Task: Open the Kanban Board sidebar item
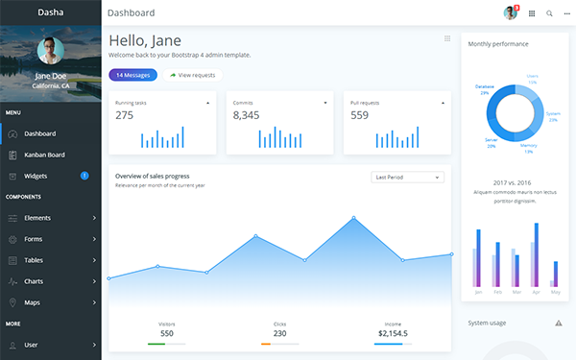click(x=44, y=155)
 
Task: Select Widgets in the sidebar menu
click(x=36, y=176)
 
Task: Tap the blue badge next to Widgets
click(x=84, y=176)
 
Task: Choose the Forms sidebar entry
click(x=34, y=239)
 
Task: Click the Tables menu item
click(x=35, y=260)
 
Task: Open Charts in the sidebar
click(x=35, y=281)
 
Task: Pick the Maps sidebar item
click(x=32, y=302)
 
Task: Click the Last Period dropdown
click(x=407, y=177)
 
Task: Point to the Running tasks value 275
click(x=125, y=115)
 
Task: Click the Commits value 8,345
click(x=246, y=115)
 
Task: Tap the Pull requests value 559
click(x=359, y=115)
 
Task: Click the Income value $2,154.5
click(x=393, y=333)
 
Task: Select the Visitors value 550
click(x=167, y=333)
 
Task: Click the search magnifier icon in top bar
click(x=549, y=13)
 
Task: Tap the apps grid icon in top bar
click(x=532, y=13)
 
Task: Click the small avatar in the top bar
click(x=510, y=12)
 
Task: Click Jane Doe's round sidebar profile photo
click(x=50, y=51)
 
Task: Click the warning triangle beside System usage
click(x=559, y=324)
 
